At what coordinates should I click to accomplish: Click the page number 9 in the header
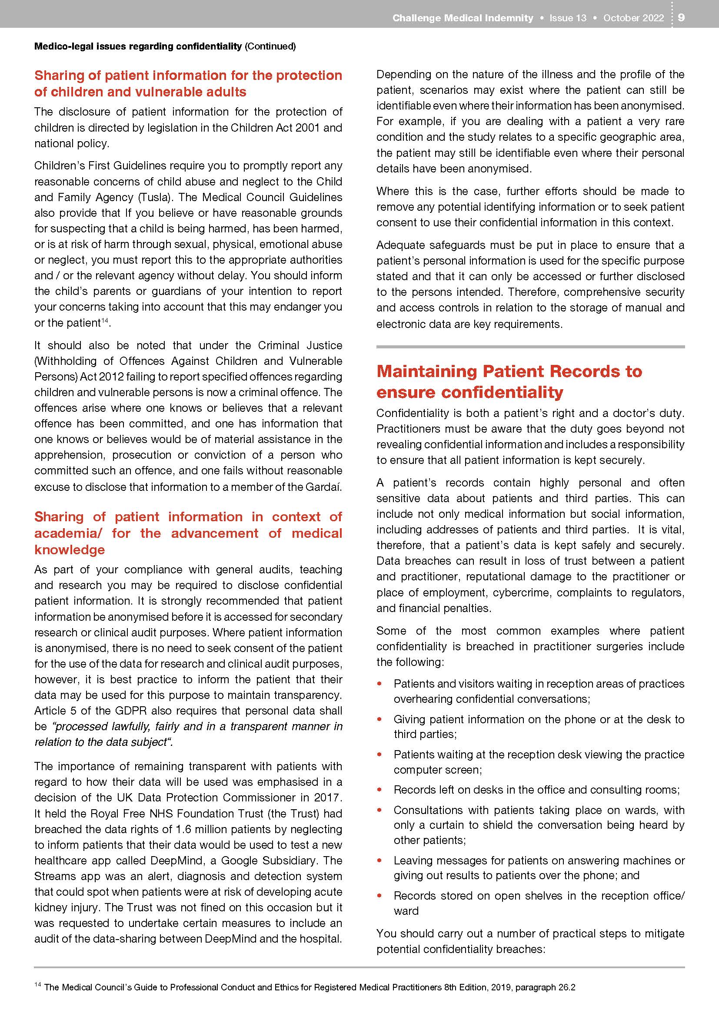tap(681, 17)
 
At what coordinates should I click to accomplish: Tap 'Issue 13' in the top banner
tap(568, 18)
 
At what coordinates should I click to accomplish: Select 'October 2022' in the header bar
tap(633, 18)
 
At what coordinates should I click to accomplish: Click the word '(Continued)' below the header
tap(270, 46)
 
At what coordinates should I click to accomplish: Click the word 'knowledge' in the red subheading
tap(70, 549)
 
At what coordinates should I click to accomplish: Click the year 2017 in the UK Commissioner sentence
tap(327, 798)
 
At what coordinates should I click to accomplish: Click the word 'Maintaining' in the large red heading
tap(426, 371)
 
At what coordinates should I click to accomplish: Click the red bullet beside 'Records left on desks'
tap(379, 790)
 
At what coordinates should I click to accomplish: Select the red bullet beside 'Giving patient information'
tap(379, 719)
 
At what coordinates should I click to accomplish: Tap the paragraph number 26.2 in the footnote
tap(567, 988)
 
